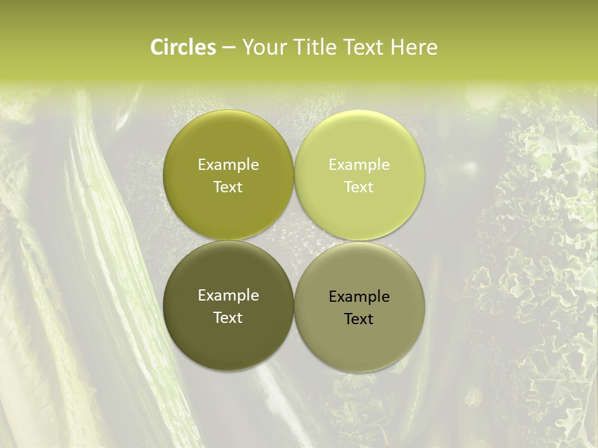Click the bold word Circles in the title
coord(183,47)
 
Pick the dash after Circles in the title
coord(229,48)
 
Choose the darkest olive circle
coord(228,306)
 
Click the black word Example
coord(359,296)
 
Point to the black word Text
coord(359,319)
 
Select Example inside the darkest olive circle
coord(228,295)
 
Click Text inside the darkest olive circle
coord(228,317)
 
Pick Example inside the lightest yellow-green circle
coord(359,164)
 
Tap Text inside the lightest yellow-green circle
coord(359,187)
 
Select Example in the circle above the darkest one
coord(228,164)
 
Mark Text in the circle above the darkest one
coord(228,187)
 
